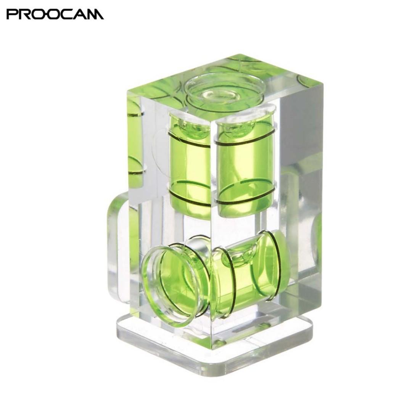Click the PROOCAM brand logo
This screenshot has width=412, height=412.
[55, 14]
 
